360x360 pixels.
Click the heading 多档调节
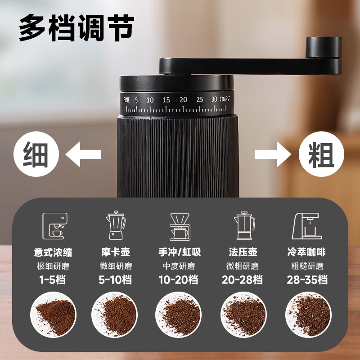pyautogui.click(x=76, y=28)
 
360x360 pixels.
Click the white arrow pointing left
pyautogui.click(x=84, y=155)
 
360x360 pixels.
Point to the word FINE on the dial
pyautogui.click(x=126, y=99)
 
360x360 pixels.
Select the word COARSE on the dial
pyautogui.click(x=225, y=99)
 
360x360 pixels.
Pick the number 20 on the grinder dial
pyautogui.click(x=183, y=99)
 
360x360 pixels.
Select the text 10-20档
pyautogui.click(x=178, y=279)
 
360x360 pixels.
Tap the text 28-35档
pyautogui.click(x=307, y=279)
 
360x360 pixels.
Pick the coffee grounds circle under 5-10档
pyautogui.click(x=114, y=313)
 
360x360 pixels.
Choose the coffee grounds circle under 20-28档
pyautogui.click(x=243, y=313)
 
